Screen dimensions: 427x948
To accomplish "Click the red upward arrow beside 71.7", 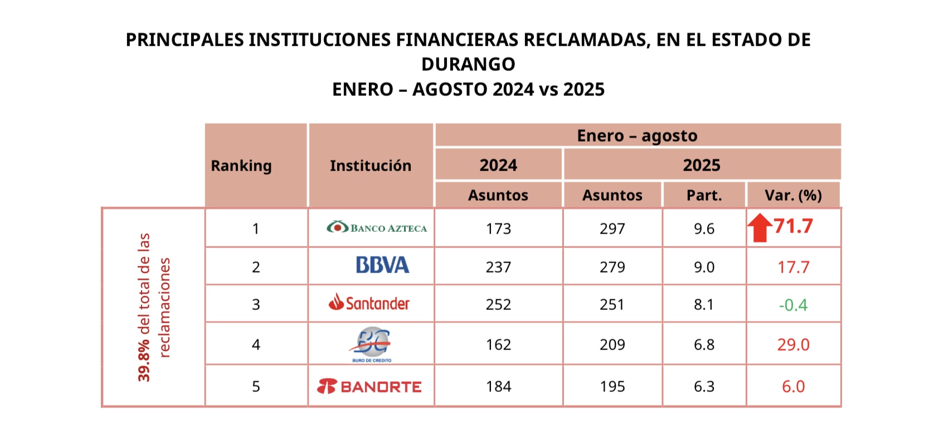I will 759,229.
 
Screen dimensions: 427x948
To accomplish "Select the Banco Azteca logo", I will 377,227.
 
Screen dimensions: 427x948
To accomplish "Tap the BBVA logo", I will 382,265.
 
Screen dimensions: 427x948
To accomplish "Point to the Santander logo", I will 370,303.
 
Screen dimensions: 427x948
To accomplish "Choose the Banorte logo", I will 369,386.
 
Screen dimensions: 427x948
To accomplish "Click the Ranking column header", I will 241,166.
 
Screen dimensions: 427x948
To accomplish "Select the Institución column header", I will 371,166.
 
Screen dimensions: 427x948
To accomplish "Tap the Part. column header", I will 704,195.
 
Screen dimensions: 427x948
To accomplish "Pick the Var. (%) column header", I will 793,195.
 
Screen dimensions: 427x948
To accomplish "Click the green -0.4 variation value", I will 793,305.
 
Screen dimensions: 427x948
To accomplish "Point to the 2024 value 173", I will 498,229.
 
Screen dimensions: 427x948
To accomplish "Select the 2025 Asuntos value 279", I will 612,267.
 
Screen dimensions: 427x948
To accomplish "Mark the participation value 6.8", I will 704,344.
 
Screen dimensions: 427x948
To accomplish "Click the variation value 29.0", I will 793,344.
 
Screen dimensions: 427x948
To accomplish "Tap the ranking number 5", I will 256,386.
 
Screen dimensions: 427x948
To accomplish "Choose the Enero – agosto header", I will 637,135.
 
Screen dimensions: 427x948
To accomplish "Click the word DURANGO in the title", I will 468,64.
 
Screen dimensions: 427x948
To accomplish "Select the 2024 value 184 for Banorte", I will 498,386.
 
